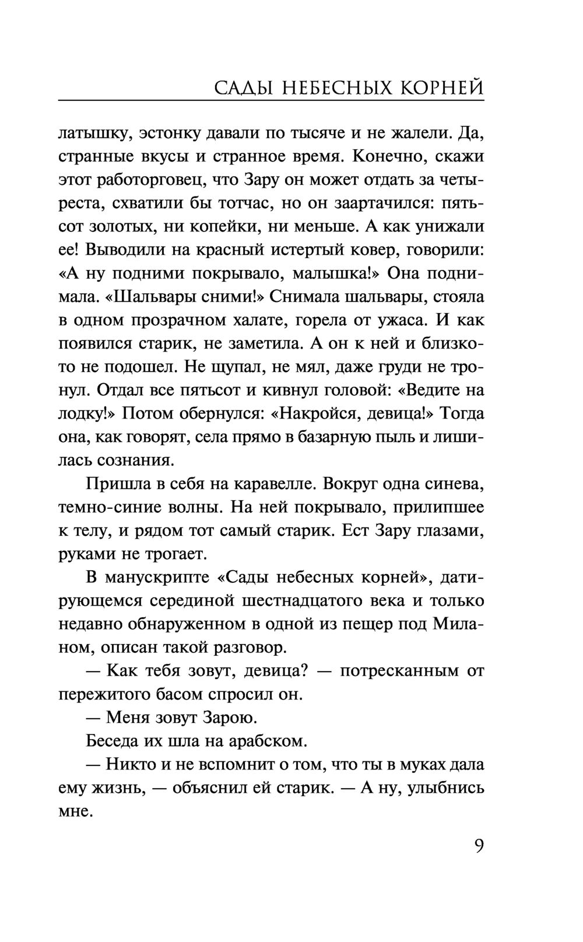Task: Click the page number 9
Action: (x=479, y=846)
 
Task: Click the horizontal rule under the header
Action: (x=271, y=101)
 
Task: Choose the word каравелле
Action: (x=275, y=484)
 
